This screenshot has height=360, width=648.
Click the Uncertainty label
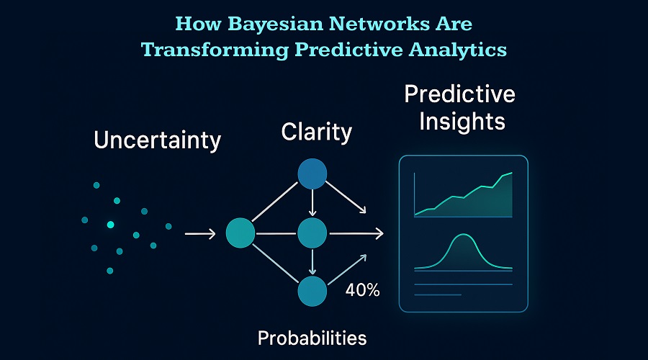click(x=158, y=140)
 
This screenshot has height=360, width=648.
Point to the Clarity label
click(x=317, y=132)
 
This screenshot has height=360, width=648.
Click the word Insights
click(x=462, y=122)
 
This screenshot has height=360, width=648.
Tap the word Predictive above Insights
click(x=459, y=94)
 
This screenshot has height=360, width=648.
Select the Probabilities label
click(x=312, y=338)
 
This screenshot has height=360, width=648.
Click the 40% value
click(x=362, y=290)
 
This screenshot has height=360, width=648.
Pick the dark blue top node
click(x=312, y=174)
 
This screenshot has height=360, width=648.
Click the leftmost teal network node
click(x=240, y=233)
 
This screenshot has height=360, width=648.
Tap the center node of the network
click(x=312, y=233)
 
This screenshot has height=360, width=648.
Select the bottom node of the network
click(x=312, y=292)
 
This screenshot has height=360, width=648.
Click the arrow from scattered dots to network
click(x=200, y=234)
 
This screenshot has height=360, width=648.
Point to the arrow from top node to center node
click(x=312, y=202)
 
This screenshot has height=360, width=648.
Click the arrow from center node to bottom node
click(x=312, y=261)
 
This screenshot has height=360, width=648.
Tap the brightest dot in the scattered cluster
click(x=110, y=225)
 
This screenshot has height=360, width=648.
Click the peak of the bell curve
click(x=463, y=235)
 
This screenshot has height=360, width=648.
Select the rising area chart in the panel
click(x=463, y=195)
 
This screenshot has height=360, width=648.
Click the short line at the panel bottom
click(x=438, y=294)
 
